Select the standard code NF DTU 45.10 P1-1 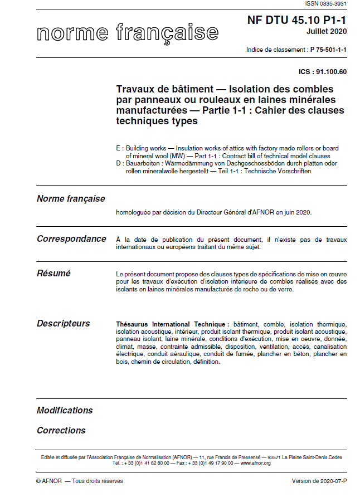[x=296, y=21]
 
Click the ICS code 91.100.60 [x=331, y=71]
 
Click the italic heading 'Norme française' [x=71, y=199]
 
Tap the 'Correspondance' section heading [x=71, y=239]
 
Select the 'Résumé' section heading [x=53, y=274]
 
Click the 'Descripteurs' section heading [x=63, y=324]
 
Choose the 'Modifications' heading [x=65, y=411]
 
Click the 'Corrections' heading [x=61, y=431]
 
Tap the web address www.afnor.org [x=256, y=463]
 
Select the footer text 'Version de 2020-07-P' [x=319, y=481]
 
